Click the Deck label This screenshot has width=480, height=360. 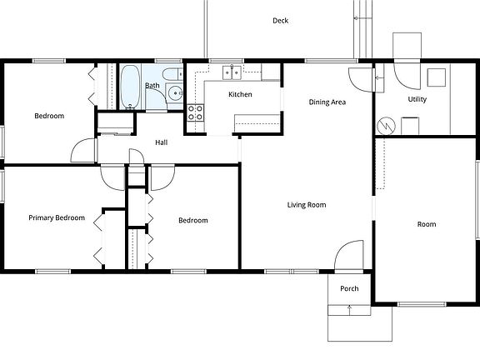(280, 21)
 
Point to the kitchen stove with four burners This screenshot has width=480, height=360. (195, 112)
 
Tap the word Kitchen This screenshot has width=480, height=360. (240, 94)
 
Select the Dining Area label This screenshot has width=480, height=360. (327, 102)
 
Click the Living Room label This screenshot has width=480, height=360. (307, 204)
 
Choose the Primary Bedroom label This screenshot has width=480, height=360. (57, 217)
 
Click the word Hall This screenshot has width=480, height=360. (162, 142)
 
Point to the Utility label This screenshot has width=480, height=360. (417, 99)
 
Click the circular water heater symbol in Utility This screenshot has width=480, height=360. (386, 125)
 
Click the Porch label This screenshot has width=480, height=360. (349, 288)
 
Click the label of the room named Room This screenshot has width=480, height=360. (427, 224)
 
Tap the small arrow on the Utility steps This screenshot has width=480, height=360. (377, 77)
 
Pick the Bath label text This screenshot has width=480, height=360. (152, 85)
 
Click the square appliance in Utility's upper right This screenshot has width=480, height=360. (436, 77)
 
